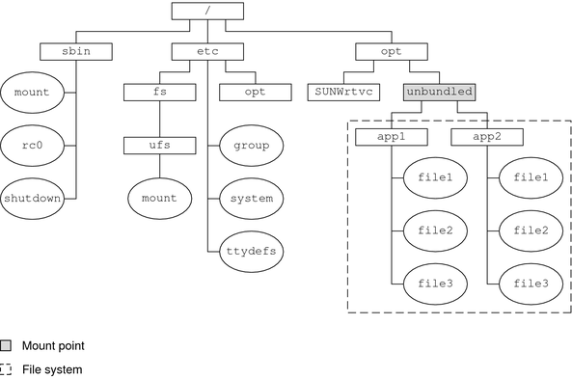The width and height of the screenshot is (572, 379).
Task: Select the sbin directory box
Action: click(77, 51)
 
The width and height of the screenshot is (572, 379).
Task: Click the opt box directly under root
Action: click(391, 51)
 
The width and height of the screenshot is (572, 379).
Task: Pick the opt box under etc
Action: click(255, 94)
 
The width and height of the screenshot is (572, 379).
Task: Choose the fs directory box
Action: click(161, 94)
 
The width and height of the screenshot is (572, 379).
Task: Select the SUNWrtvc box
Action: click(344, 94)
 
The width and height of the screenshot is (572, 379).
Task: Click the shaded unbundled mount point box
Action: click(440, 94)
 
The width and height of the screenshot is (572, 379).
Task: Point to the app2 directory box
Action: click(487, 137)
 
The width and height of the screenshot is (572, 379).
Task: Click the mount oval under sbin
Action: click(32, 95)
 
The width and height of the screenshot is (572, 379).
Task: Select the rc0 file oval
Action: click(32, 146)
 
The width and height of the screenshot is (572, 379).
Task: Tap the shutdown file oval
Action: click(32, 198)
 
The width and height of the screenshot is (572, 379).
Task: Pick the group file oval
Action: click(251, 147)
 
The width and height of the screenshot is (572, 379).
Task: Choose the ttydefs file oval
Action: click(251, 251)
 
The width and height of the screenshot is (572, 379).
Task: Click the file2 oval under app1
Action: click(435, 230)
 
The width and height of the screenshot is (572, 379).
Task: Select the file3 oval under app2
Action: click(531, 283)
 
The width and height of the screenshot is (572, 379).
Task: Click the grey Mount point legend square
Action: click(7, 344)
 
